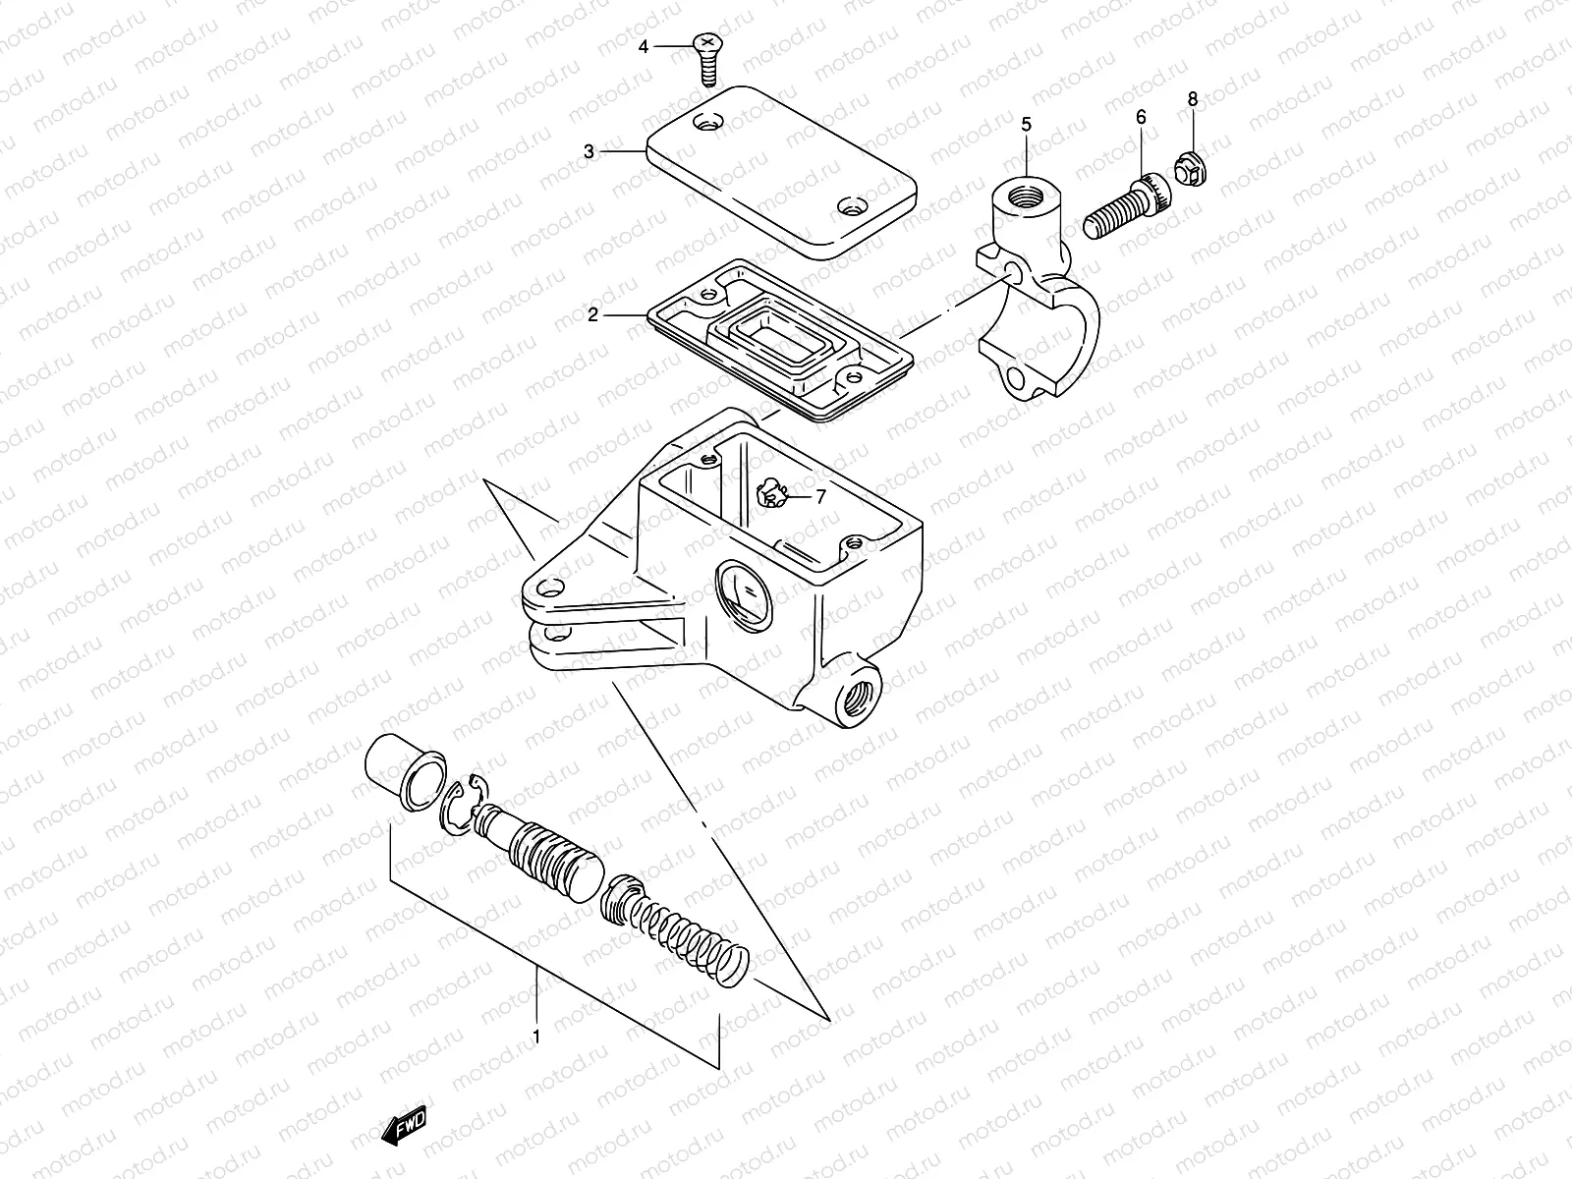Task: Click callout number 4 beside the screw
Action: [x=644, y=46]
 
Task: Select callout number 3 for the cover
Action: [x=589, y=151]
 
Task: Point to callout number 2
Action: [x=592, y=314]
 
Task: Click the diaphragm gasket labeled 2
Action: [x=776, y=339]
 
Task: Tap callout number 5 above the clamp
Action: [x=1026, y=124]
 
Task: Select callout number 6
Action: [x=1141, y=117]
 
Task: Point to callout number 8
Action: [x=1193, y=98]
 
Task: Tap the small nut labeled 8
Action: [x=1190, y=172]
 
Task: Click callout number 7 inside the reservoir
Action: [x=820, y=497]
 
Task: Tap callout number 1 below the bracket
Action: [x=536, y=1036]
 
